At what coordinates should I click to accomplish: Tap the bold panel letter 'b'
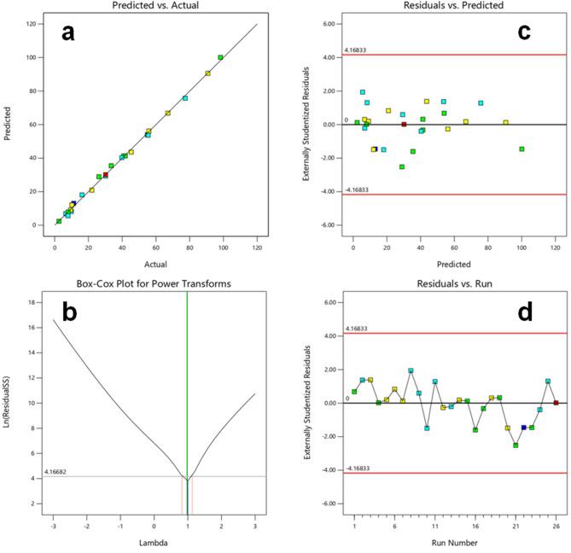point(68,312)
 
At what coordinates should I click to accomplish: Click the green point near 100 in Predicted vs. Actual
point(220,57)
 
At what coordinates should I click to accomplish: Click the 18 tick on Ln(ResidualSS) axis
point(31,302)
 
